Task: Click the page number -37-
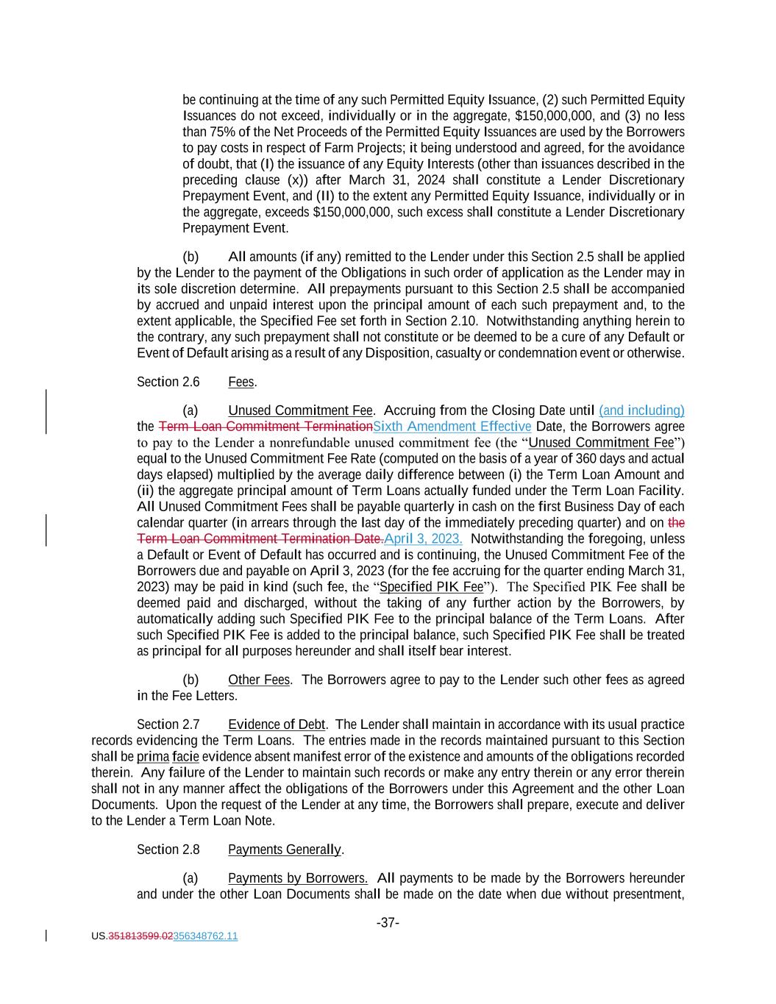(388, 922)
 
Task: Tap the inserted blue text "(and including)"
(641, 410)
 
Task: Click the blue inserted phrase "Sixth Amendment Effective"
(452, 427)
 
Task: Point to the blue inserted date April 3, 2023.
(423, 538)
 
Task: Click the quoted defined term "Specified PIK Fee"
(431, 587)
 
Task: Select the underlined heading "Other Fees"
(259, 680)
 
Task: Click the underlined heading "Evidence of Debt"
(277, 724)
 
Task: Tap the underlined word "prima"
(153, 757)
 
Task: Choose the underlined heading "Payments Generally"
(284, 850)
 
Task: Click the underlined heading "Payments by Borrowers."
(298, 878)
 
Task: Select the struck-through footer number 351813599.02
(140, 936)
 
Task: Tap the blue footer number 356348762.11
(205, 936)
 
